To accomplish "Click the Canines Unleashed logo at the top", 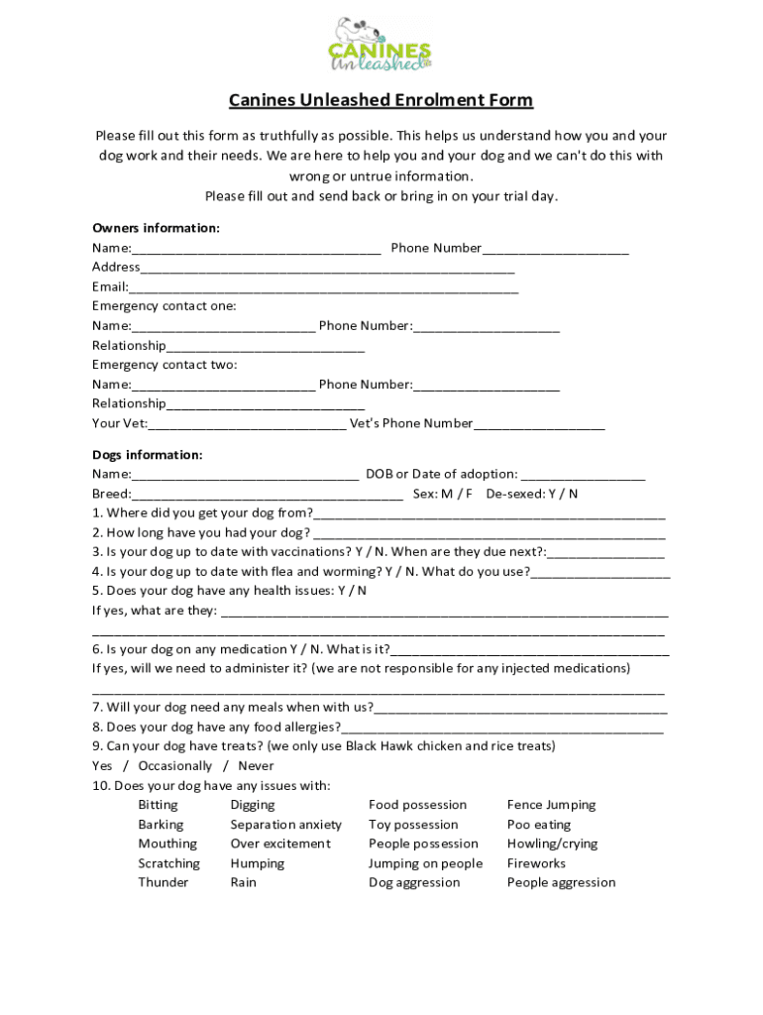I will [381, 45].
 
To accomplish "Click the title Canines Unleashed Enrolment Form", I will [381, 100].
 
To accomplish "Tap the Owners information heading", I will [156, 228].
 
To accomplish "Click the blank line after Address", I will [327, 268].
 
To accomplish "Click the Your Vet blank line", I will [247, 424].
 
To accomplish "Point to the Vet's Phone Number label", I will [411, 424].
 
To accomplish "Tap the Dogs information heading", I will [147, 455].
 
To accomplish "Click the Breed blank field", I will [267, 494].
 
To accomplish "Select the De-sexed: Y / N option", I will [532, 494].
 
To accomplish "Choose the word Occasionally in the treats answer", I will [174, 766].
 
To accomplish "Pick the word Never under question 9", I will [256, 766].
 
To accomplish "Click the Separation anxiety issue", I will [285, 825].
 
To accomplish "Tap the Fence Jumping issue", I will [551, 805].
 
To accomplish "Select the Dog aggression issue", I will [414, 882].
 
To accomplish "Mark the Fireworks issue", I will [536, 863].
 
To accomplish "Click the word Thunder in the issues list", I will [163, 882].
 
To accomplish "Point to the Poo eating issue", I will [539, 825].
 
